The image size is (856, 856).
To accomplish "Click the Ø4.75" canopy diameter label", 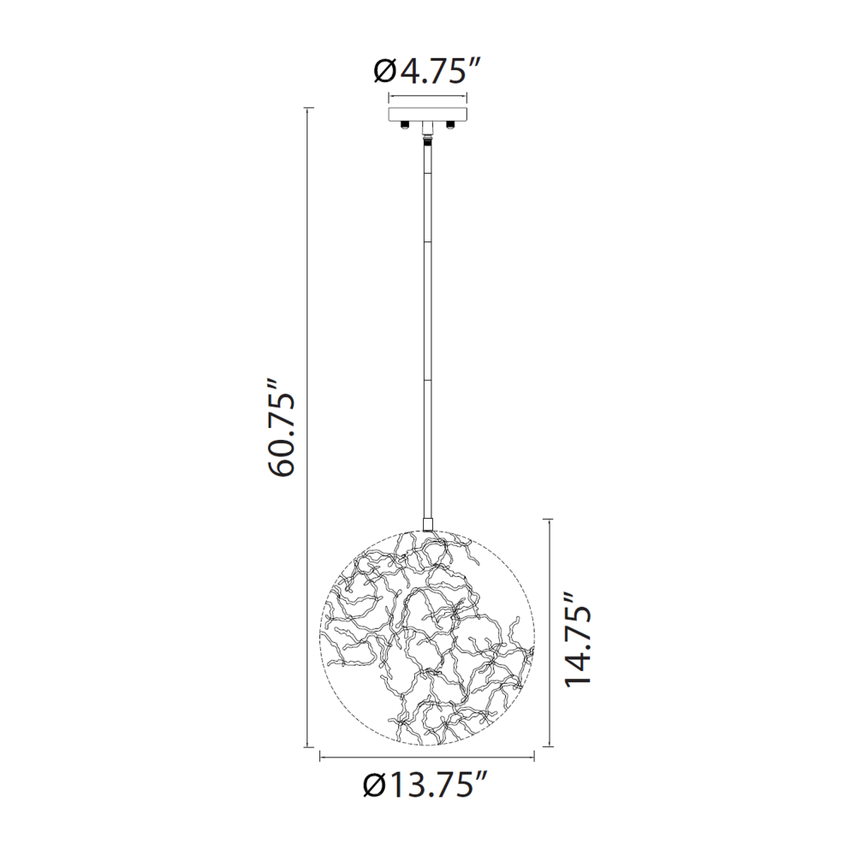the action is [x=427, y=71].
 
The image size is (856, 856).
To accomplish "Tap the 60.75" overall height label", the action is [x=282, y=427].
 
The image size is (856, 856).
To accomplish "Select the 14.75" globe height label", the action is [x=578, y=639].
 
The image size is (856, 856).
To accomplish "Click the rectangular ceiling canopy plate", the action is [x=427, y=114].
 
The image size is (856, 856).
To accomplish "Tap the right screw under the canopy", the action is [x=451, y=125].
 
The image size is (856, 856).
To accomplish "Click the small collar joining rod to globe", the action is [x=427, y=524].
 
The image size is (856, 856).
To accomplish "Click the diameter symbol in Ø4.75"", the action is [x=386, y=71].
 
